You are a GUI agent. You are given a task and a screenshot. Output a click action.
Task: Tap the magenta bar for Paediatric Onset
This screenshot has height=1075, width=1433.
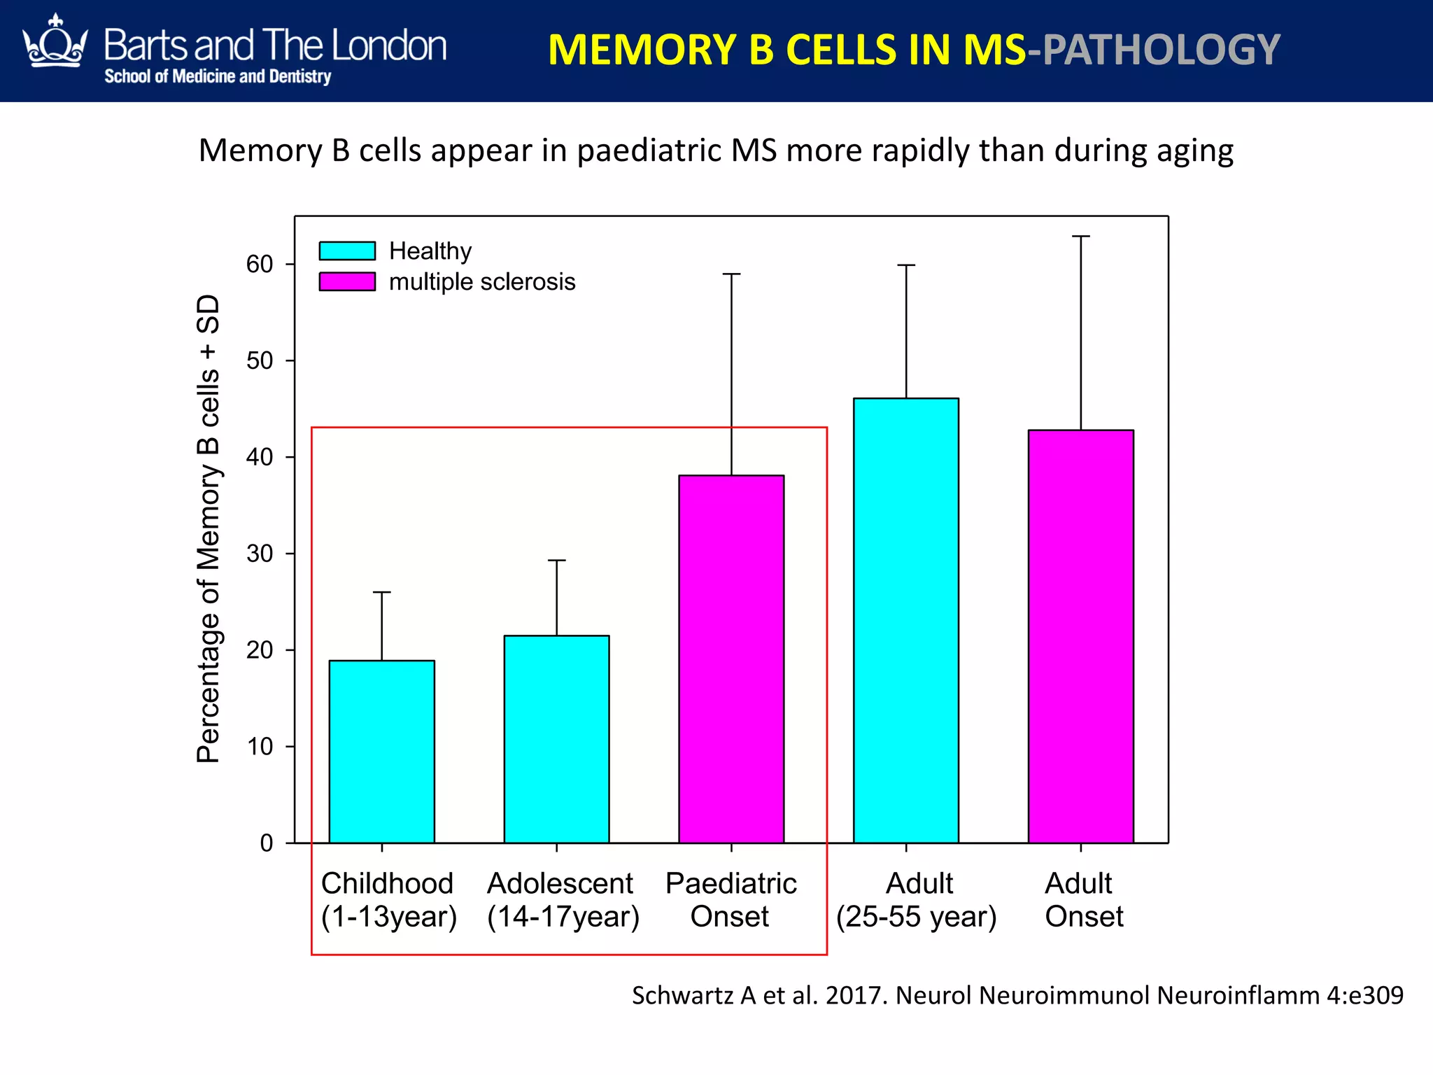click(x=731, y=659)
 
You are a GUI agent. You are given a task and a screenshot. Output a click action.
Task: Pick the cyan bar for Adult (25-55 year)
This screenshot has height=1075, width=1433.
click(x=906, y=620)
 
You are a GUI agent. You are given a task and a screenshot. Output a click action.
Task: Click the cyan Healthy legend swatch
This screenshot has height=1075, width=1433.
click(x=347, y=251)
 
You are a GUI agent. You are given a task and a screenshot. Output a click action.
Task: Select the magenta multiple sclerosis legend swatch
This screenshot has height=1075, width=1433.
click(x=347, y=281)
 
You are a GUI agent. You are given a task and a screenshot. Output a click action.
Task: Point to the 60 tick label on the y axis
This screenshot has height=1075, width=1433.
click(x=260, y=264)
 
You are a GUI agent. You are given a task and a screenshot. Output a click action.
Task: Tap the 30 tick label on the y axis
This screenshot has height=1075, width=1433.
click(x=260, y=554)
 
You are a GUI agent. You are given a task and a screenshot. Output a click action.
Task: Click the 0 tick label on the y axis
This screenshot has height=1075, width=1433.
click(x=267, y=843)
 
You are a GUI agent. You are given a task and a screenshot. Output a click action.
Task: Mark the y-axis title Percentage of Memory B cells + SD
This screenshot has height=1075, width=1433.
click(x=209, y=528)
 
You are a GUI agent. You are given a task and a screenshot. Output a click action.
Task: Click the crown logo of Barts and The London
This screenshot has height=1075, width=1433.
click(x=55, y=43)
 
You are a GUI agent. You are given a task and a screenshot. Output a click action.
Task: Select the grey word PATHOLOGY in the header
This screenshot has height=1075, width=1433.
click(x=1162, y=50)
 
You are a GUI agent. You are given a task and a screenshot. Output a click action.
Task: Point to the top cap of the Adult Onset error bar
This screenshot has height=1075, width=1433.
click(x=1080, y=237)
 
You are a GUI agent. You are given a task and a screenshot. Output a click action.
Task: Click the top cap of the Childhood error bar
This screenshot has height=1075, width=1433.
click(x=381, y=592)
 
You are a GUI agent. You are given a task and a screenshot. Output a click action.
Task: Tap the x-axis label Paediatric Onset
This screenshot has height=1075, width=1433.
click(x=730, y=899)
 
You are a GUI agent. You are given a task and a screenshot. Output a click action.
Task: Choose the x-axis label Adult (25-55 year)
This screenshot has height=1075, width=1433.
click(x=917, y=899)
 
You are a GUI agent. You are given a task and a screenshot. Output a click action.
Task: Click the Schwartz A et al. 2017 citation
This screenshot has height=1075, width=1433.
click(x=1017, y=995)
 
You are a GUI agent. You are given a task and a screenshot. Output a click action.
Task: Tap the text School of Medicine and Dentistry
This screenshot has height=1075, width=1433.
click(x=218, y=76)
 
